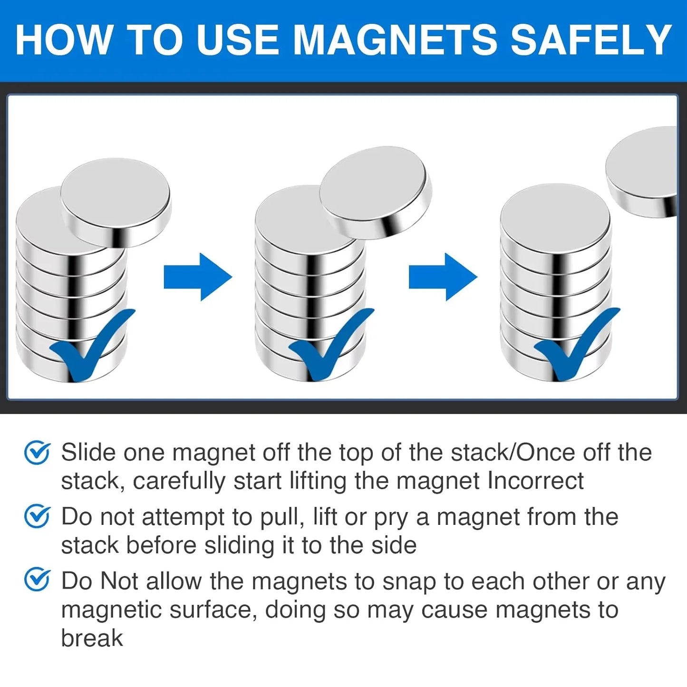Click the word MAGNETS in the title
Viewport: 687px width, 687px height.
[395, 40]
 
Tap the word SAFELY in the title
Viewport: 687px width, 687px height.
[590, 40]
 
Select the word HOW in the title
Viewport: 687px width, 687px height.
[63, 40]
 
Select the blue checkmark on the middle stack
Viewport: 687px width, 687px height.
[331, 344]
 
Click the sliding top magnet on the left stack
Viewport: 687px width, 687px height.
[116, 202]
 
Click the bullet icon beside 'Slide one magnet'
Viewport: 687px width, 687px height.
[37, 453]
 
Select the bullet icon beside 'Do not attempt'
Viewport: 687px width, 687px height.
[37, 517]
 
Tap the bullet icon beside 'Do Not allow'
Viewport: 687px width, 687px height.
[37, 581]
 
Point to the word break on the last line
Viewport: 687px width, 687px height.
[92, 638]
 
